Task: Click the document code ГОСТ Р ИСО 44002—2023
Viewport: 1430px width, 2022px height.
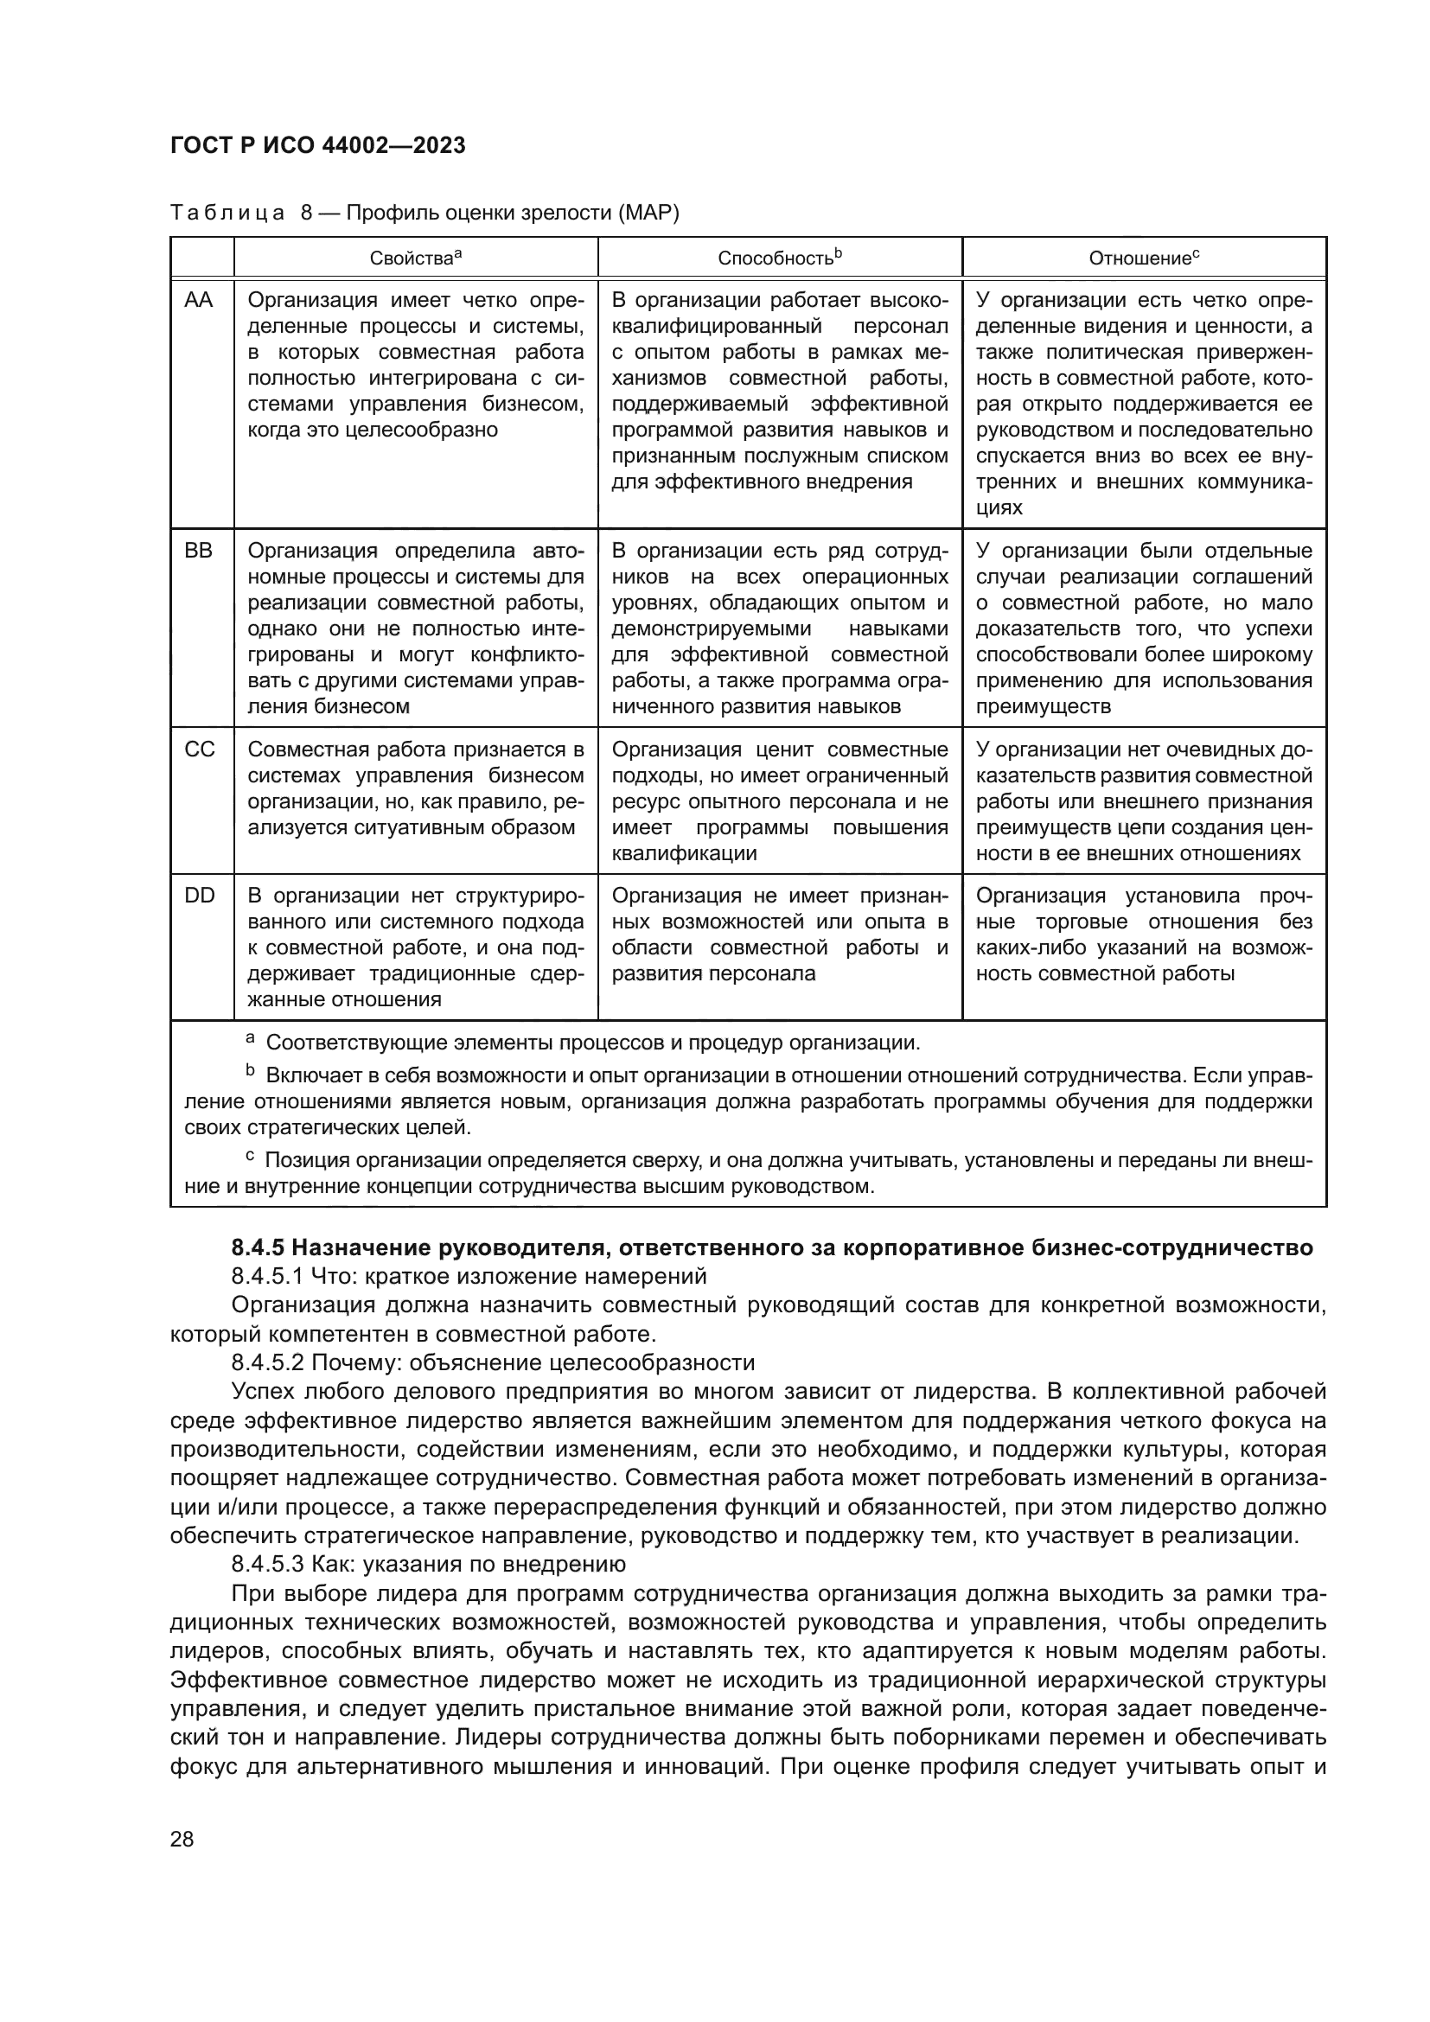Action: pos(317,145)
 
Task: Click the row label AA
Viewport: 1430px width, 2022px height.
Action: pos(199,300)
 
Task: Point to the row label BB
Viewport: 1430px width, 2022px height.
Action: pos(199,552)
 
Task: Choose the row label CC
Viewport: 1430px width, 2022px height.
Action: pos(199,749)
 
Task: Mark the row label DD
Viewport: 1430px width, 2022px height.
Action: pos(199,896)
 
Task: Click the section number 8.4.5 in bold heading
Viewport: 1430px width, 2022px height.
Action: pos(258,1248)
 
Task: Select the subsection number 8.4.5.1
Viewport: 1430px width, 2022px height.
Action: pos(268,1276)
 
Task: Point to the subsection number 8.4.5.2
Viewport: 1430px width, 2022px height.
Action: pos(268,1362)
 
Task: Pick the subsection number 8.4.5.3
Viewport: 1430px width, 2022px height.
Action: pos(268,1564)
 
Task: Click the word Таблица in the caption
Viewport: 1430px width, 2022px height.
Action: pos(227,214)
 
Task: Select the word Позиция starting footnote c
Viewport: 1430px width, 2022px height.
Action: pos(303,1161)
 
